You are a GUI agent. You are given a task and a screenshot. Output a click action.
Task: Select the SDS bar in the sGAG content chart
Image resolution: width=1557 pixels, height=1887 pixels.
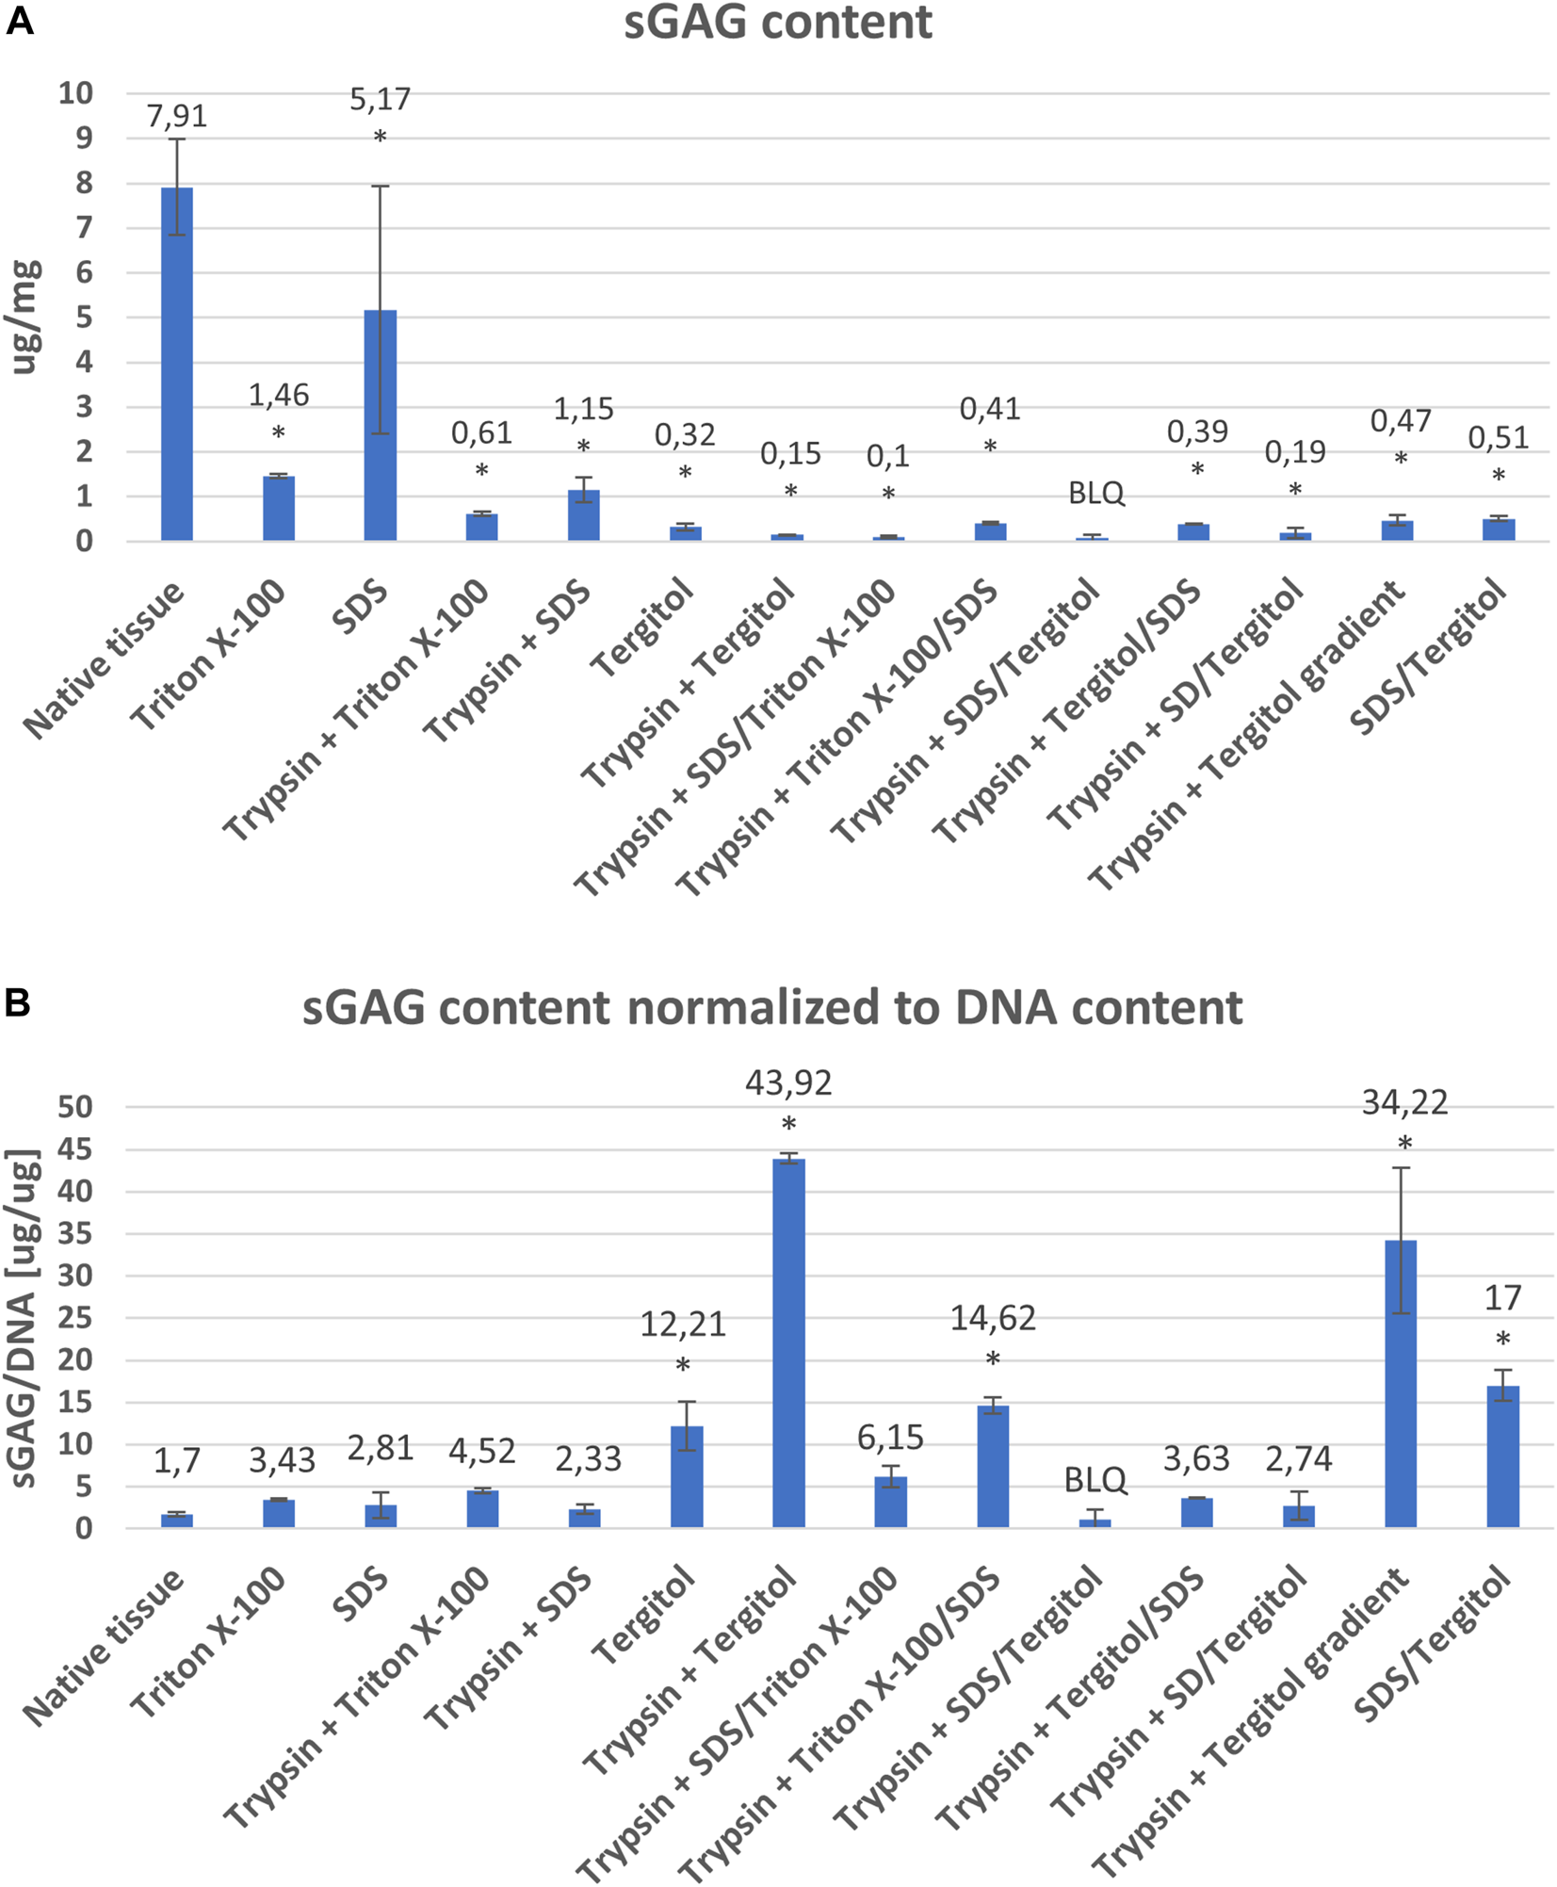pyautogui.click(x=380, y=425)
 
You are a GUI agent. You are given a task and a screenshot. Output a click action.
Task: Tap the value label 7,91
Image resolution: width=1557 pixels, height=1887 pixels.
pyautogui.click(x=177, y=116)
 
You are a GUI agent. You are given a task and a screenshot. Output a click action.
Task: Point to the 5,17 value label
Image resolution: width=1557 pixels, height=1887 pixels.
pyautogui.click(x=380, y=99)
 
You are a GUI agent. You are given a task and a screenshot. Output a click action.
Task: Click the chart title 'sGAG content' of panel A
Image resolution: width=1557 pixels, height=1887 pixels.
pyautogui.click(x=778, y=23)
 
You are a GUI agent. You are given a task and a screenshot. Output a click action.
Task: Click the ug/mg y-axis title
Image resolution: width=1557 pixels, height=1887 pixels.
pyautogui.click(x=26, y=317)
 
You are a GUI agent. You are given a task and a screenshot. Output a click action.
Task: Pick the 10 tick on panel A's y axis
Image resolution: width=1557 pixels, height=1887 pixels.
pyautogui.click(x=75, y=93)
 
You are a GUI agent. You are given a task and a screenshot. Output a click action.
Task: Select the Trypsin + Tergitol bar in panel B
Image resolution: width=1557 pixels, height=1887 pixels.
pyautogui.click(x=788, y=1342)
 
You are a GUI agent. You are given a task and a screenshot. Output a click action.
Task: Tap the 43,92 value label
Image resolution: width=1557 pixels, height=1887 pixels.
pyautogui.click(x=788, y=1083)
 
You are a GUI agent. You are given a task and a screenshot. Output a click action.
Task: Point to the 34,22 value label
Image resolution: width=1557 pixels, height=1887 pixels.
pyautogui.click(x=1404, y=1102)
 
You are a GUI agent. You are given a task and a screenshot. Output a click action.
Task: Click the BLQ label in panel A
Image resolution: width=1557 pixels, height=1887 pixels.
pyautogui.click(x=1096, y=493)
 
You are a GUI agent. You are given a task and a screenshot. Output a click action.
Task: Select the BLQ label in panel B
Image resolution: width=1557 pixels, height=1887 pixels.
pyautogui.click(x=1095, y=1480)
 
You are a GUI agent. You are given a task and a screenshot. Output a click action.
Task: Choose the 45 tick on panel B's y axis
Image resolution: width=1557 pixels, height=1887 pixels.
pyautogui.click(x=75, y=1149)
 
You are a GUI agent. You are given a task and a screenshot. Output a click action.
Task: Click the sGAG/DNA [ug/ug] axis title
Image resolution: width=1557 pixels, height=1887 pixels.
pyautogui.click(x=24, y=1320)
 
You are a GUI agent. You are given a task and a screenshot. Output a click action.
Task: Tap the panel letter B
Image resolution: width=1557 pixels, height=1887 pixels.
pyautogui.click(x=17, y=1002)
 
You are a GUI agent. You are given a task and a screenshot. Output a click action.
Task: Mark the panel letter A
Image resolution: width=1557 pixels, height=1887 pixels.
pyautogui.click(x=19, y=21)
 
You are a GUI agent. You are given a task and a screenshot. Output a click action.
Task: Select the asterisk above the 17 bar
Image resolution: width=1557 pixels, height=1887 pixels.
pyautogui.click(x=1502, y=1340)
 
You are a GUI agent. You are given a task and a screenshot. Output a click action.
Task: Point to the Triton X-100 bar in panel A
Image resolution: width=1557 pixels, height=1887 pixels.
pyautogui.click(x=279, y=508)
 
